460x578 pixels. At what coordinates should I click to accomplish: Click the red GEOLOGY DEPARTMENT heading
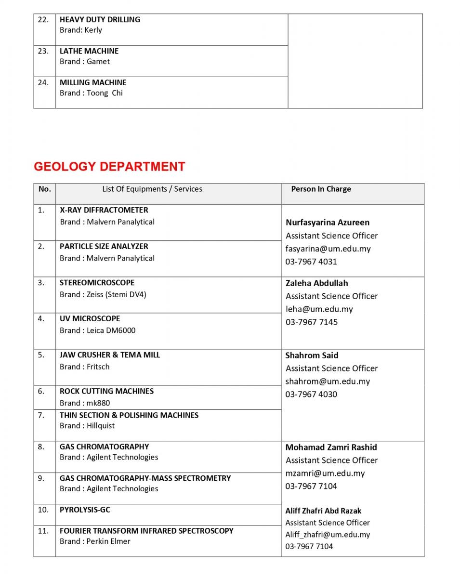coord(109,167)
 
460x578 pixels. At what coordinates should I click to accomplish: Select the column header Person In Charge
coord(321,189)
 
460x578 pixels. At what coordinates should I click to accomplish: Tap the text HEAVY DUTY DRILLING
coord(100,20)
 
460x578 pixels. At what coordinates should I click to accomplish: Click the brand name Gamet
coord(98,62)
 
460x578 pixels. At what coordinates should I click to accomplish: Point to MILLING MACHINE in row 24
coord(93,83)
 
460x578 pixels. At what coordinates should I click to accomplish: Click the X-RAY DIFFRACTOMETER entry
coord(104,210)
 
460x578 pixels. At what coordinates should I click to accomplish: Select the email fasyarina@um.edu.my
coord(328,249)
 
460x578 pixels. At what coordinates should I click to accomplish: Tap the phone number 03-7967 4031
coord(311,262)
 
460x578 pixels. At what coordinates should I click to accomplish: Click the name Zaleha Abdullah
coord(316,283)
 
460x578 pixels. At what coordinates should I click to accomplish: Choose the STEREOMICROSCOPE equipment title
coord(97,283)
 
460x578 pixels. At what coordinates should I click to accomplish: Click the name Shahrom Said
coord(312,355)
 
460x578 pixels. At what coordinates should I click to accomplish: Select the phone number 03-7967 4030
coord(311,394)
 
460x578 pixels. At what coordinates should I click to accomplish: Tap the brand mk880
coord(98,403)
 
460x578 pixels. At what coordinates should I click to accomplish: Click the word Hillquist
coord(101,426)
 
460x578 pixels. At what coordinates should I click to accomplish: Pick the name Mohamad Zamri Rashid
coord(331,447)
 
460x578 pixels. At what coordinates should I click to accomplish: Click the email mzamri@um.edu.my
coord(325,473)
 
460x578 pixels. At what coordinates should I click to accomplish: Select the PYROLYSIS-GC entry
coord(85,510)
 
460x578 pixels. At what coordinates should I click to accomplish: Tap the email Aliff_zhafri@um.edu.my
coord(328,535)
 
